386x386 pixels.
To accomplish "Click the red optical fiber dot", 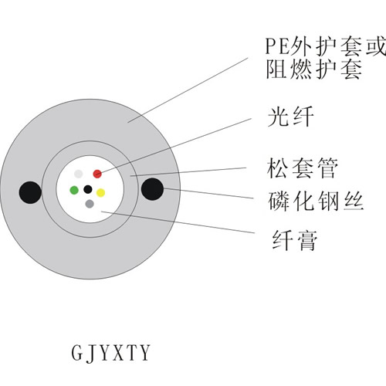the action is tap(97, 174).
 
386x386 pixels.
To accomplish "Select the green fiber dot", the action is tap(74, 190).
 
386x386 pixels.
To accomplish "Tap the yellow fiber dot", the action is tap(100, 193).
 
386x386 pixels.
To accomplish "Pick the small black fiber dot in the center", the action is tap(88, 189).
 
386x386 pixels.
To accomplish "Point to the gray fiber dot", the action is tap(90, 204).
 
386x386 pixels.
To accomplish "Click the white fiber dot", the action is tap(79, 174).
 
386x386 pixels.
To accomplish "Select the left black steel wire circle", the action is tap(30, 193).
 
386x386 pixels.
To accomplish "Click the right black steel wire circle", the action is tap(152, 189).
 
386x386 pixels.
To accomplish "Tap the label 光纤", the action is tap(291, 117).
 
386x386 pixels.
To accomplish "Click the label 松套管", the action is tap(303, 168).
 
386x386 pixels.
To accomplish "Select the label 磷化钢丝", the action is tap(316, 201).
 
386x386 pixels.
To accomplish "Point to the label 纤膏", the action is tap(295, 240).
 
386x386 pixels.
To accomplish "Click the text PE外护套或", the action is tap(326, 46).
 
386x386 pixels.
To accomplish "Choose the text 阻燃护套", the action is tap(314, 69).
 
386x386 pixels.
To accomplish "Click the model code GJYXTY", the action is tap(110, 353).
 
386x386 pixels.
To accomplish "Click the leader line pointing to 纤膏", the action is tap(178, 222).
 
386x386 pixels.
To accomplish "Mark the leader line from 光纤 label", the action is tap(174, 146).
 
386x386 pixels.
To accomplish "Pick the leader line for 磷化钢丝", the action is tap(208, 194).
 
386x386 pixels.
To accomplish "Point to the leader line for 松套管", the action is tap(188, 172).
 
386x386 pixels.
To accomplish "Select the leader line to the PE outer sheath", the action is tap(188, 90).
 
